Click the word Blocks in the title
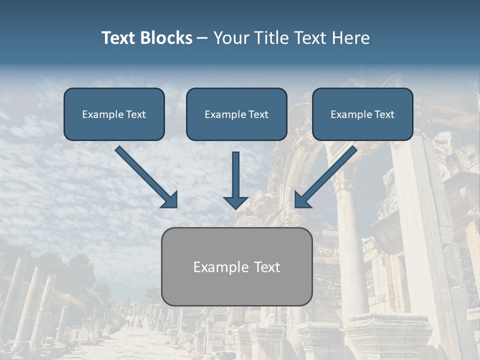(x=166, y=38)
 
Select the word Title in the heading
(x=268, y=38)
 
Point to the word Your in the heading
(x=231, y=38)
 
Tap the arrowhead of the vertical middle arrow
(x=235, y=202)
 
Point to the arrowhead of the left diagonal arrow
(x=170, y=199)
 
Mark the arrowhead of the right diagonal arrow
(x=302, y=199)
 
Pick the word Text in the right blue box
(x=384, y=114)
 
